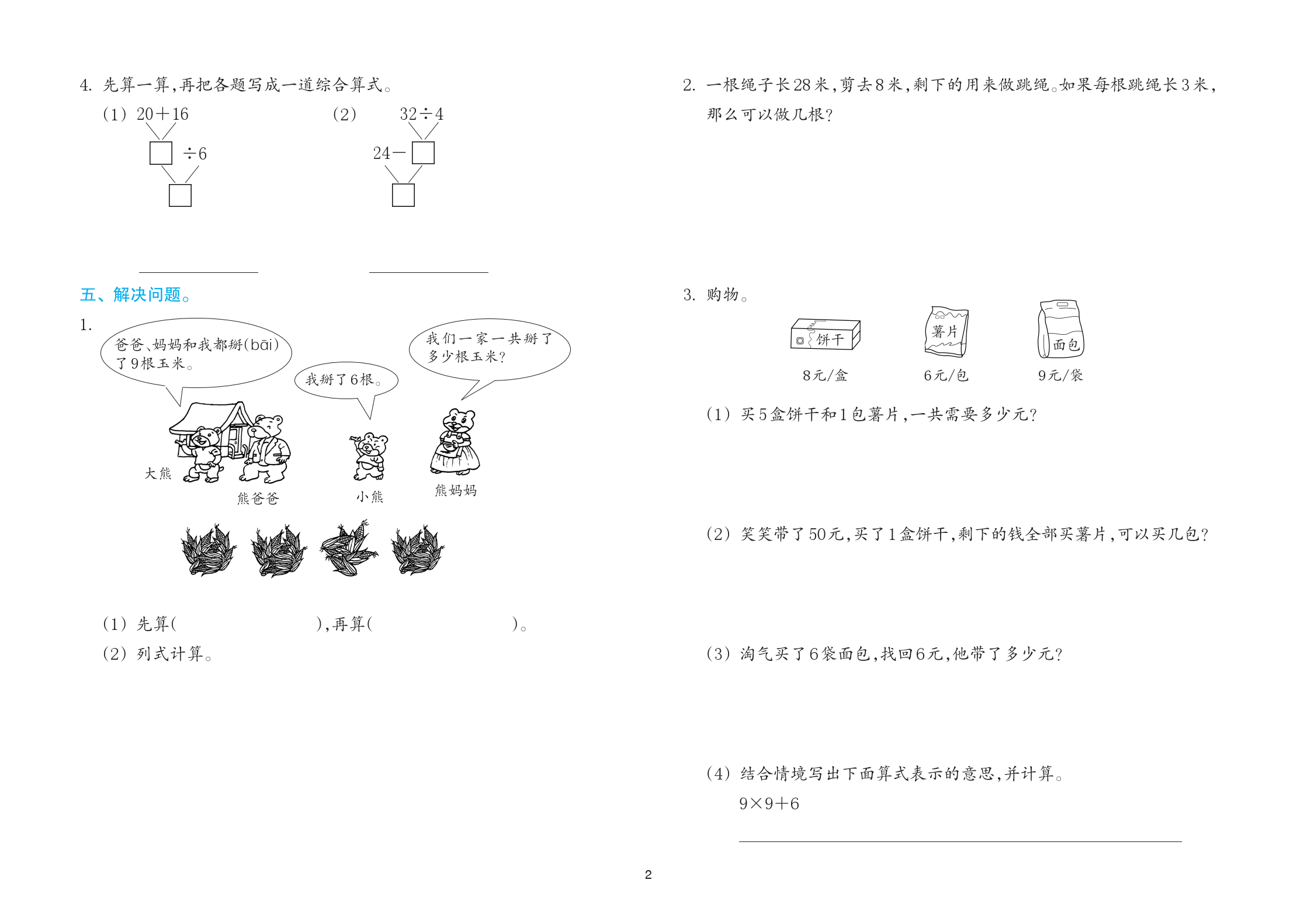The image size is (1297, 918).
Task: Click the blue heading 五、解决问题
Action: tap(136, 295)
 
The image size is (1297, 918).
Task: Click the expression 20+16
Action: tap(162, 114)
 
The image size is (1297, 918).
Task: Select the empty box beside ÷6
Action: tap(161, 153)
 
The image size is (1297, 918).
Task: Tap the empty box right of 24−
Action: tap(423, 153)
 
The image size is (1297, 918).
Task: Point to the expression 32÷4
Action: tap(421, 114)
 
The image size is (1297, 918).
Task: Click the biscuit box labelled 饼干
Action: tap(826, 334)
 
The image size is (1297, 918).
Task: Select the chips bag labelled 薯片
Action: tap(946, 331)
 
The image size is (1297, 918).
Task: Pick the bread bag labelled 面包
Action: tap(1060, 329)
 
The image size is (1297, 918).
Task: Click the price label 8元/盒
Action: tap(825, 375)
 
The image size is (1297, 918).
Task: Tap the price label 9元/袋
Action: tap(1060, 375)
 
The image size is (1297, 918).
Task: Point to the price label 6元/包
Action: tap(946, 375)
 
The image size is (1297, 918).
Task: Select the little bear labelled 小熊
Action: tap(369, 456)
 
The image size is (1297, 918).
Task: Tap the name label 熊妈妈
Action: tap(456, 490)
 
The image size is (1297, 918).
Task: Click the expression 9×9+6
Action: tap(769, 803)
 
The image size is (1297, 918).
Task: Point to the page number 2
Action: tap(648, 875)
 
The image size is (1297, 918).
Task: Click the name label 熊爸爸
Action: tap(258, 498)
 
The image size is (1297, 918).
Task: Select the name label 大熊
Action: tap(158, 473)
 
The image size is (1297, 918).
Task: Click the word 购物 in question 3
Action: tap(723, 295)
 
